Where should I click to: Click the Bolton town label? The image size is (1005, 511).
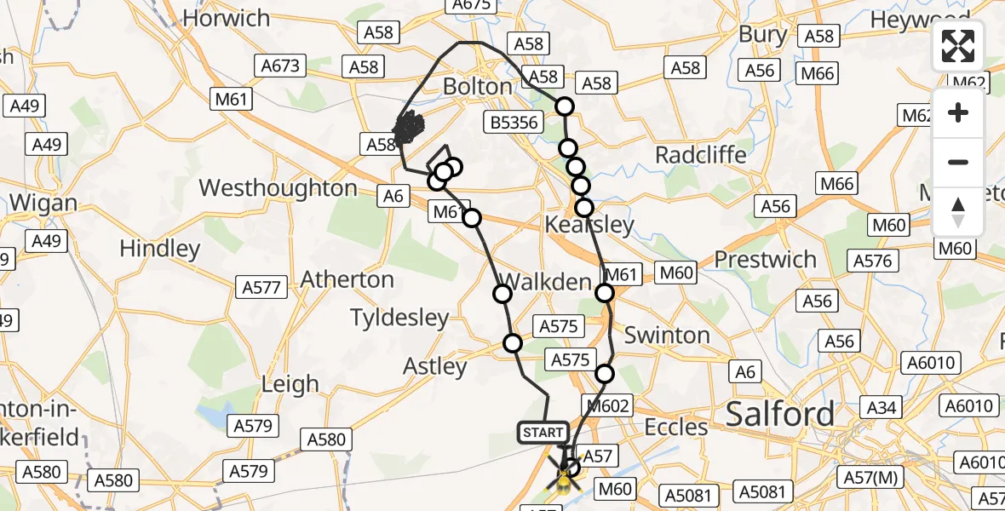coord(477,87)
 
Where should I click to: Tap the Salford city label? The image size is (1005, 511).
coord(780,415)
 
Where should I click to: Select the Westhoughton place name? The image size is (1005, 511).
coord(278,188)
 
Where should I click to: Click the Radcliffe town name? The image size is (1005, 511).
coord(700,155)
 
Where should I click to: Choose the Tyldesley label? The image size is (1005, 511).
coord(399,319)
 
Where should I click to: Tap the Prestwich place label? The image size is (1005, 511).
coord(765,259)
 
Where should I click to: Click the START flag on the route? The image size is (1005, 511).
coord(543,433)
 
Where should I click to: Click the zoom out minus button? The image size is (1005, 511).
coord(958,162)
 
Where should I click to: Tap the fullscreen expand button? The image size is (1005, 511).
coord(958,46)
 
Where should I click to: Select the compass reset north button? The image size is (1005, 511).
coord(958,211)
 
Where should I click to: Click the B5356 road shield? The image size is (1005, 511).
coord(514,123)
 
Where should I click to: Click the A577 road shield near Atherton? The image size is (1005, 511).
coord(261,287)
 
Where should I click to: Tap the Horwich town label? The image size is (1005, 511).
coord(226,18)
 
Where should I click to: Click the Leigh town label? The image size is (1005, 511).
coord(290,384)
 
